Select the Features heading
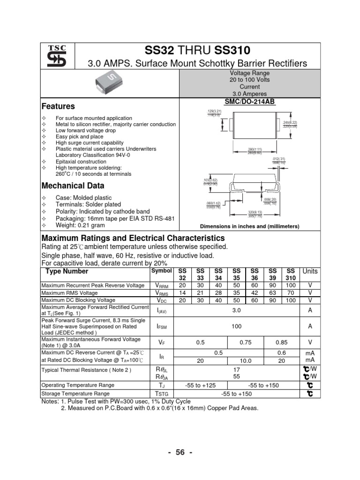58,106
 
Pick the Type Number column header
66,271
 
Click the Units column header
310,271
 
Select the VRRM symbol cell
162,285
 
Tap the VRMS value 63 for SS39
272,292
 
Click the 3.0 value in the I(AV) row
236,310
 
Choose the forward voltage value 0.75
245,342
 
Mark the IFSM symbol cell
162,326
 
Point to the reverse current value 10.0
246,361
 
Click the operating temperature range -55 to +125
200,385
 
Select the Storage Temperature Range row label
75,394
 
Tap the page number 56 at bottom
180,452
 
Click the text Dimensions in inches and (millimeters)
249,226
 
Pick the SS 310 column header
291,275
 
